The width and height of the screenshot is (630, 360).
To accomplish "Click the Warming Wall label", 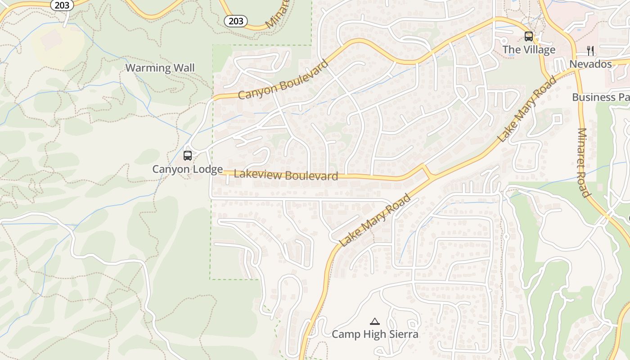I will coord(160,68).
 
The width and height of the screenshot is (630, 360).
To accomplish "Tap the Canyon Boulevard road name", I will coord(283,80).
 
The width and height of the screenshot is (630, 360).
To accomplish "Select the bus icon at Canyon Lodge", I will coord(188,156).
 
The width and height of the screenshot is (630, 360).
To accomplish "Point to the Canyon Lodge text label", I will coord(187,169).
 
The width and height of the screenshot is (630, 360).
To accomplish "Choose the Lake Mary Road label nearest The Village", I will coord(527,109).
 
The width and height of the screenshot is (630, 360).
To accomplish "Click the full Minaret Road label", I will coord(584,163).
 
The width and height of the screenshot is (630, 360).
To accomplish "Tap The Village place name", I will coord(529,49).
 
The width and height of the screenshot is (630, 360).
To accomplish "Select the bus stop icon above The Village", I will coord(529,36).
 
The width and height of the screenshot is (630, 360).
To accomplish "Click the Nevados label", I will coord(590,64).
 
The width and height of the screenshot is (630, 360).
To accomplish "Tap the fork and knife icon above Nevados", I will coord(590,50).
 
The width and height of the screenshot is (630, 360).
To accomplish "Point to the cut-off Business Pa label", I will coord(600,97).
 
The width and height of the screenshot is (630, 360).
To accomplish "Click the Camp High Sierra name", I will coord(375,334).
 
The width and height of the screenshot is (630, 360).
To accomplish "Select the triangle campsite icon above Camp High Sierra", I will coord(374,321).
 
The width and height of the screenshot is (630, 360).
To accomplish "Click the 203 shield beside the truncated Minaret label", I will coord(235,21).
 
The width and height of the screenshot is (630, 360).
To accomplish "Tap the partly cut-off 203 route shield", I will coord(62,5).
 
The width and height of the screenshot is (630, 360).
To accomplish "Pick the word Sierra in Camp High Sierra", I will coord(401,334).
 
